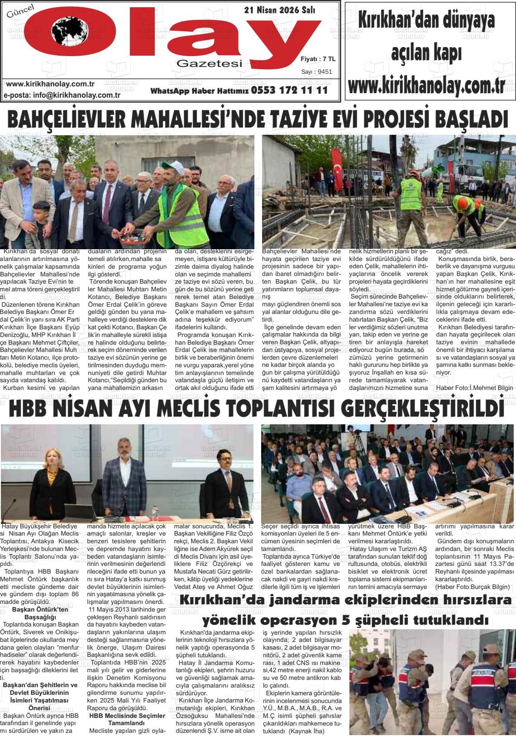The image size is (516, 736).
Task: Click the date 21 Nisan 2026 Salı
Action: [280, 10]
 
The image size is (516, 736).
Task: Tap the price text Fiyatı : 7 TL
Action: [318, 59]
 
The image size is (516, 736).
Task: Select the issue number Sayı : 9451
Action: [316, 71]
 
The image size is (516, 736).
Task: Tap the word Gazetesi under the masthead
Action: [210, 64]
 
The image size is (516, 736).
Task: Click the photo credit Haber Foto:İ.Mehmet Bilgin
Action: [474, 388]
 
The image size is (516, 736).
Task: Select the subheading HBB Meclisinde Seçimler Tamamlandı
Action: [127, 720]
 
